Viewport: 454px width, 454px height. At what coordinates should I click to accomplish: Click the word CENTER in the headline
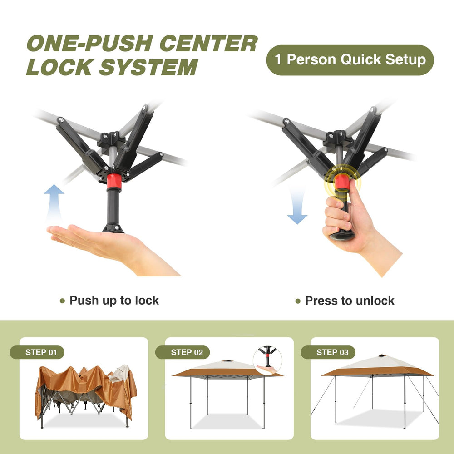(208, 44)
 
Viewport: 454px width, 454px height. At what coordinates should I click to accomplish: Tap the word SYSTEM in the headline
(148, 68)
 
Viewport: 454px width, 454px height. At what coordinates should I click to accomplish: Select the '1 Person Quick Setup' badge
(350, 60)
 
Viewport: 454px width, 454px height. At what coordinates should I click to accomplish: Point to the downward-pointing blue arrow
(297, 205)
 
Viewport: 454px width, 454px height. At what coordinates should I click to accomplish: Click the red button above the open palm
(113, 182)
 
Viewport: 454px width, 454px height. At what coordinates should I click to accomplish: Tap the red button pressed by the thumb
(342, 182)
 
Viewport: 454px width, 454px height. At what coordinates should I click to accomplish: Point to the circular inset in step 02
(267, 360)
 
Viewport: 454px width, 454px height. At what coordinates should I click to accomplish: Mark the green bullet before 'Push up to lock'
(62, 301)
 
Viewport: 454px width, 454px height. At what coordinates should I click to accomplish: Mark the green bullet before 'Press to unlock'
(298, 301)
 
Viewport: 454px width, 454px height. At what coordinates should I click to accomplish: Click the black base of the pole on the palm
(113, 228)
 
